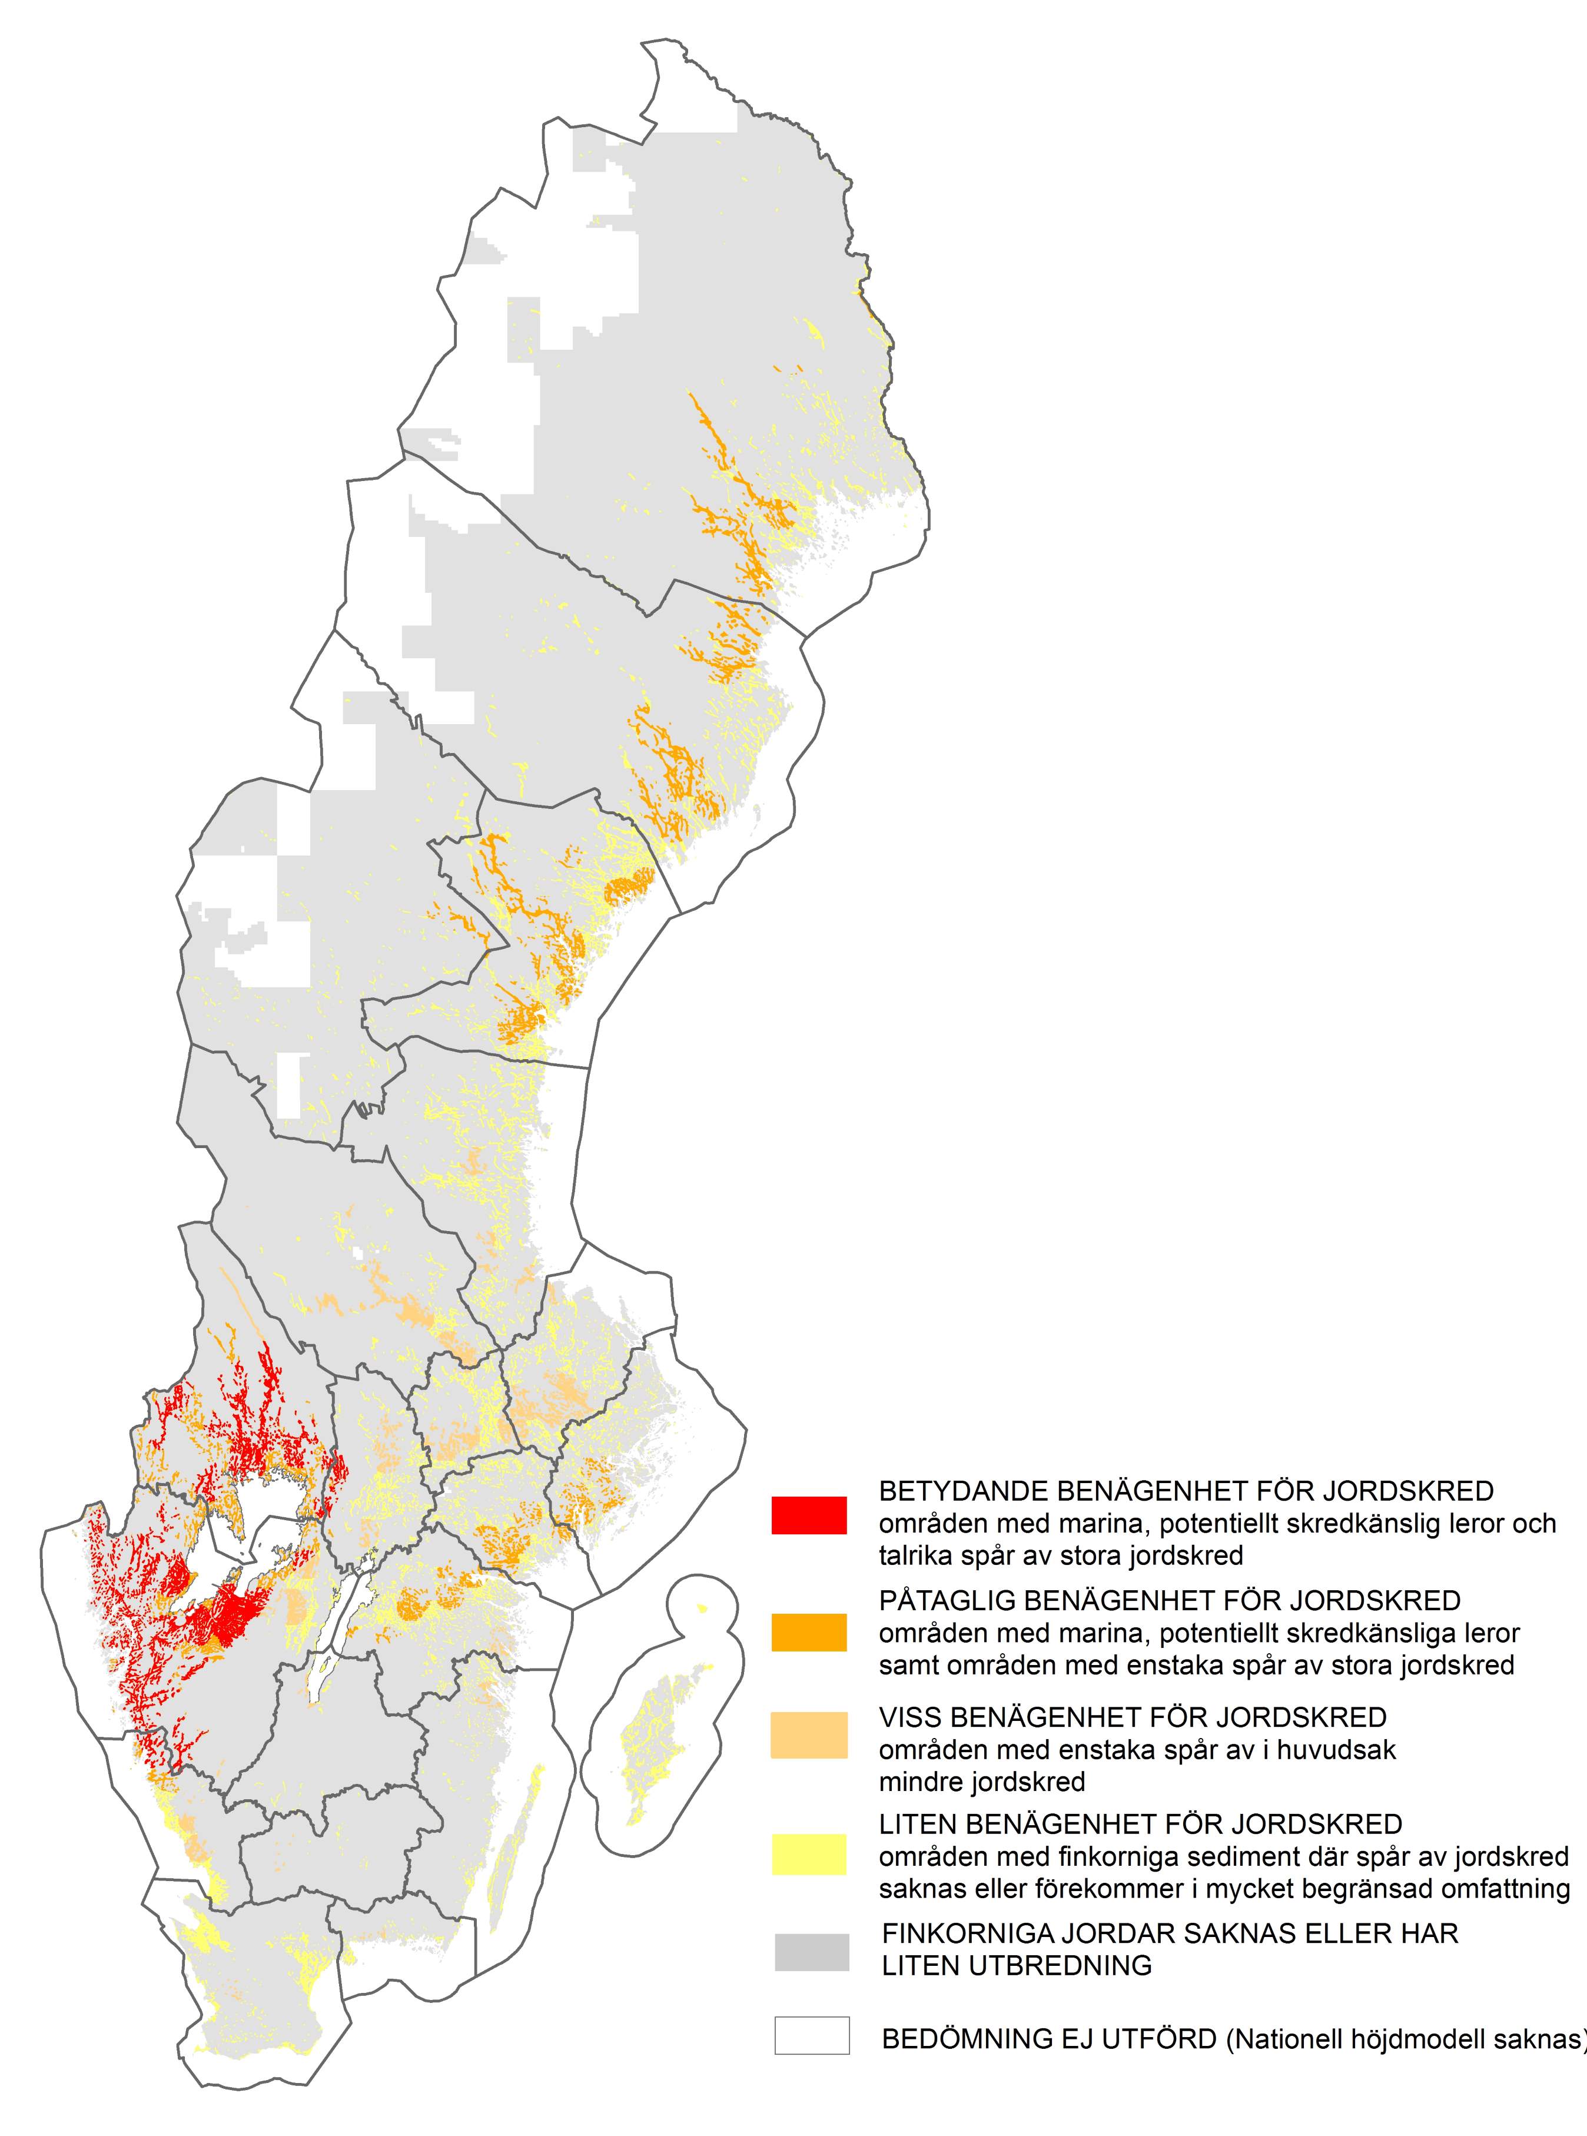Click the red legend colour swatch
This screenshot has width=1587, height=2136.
[809, 1515]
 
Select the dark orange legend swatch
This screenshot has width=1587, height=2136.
[809, 1633]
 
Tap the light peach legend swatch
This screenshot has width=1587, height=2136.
[809, 1735]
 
